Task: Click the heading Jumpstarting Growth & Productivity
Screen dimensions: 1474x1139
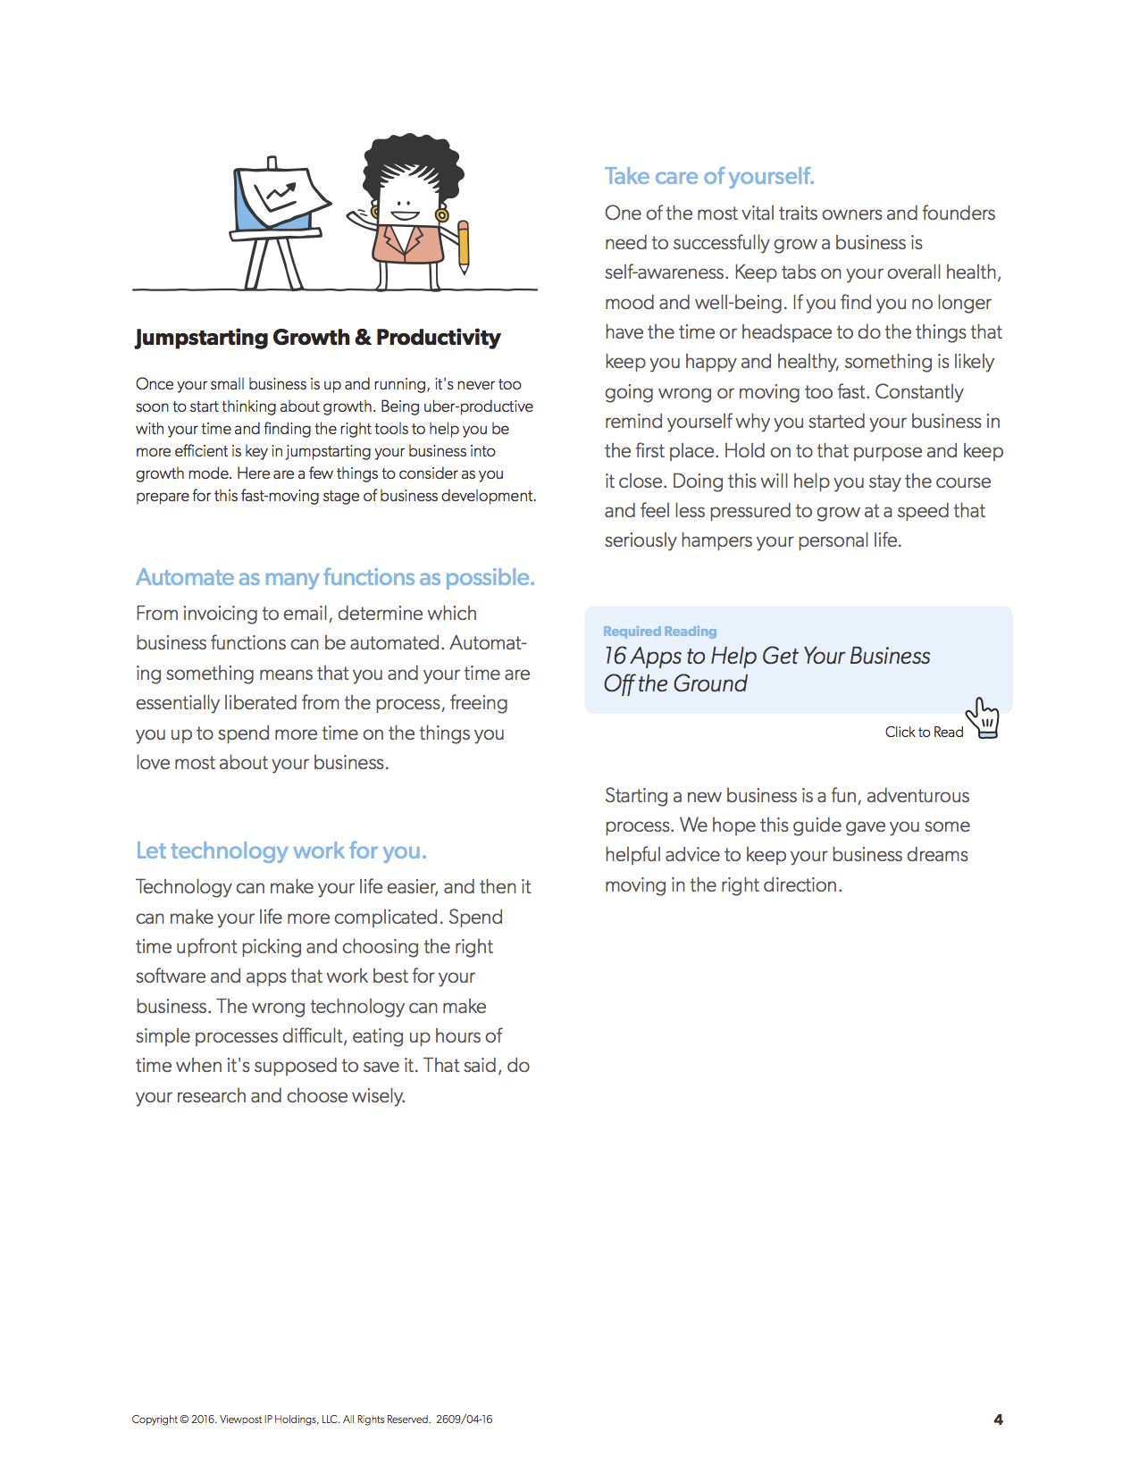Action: point(317,338)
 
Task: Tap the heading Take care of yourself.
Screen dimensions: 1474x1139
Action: point(709,176)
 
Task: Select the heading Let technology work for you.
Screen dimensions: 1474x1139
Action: point(281,850)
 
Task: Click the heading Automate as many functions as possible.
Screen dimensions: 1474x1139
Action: point(335,577)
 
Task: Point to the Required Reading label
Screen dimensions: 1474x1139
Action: point(659,632)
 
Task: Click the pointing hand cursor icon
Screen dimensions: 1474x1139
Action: point(984,718)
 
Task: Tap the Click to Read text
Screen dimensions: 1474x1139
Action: point(924,733)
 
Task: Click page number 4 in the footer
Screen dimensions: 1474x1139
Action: point(998,1420)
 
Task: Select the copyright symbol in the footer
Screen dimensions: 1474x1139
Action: point(184,1420)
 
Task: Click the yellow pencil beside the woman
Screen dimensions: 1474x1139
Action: point(463,246)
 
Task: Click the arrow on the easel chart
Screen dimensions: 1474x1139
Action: point(282,192)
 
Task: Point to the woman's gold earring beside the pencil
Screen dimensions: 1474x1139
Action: point(441,214)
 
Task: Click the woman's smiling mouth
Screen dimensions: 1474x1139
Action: point(405,214)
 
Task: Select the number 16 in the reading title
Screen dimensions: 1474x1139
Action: point(615,657)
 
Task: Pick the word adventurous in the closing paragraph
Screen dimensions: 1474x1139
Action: point(917,796)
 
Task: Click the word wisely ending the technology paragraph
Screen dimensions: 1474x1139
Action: point(379,1096)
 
